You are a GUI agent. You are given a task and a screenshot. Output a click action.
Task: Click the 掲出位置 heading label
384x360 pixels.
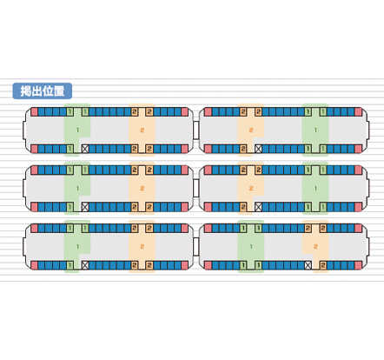coord(43,91)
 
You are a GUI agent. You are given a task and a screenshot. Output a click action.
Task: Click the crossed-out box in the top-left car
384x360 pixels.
coord(85,149)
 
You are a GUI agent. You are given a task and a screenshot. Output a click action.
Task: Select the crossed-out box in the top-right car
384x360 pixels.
coord(258,149)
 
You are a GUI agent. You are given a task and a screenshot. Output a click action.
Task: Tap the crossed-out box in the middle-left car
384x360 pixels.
coord(85,207)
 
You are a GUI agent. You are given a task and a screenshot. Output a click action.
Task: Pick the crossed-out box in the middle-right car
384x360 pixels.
coord(258,207)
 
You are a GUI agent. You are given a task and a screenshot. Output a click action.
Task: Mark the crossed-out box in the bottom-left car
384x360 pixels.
coord(85,265)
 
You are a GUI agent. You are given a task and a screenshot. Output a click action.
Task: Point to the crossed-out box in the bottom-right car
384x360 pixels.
coord(308,265)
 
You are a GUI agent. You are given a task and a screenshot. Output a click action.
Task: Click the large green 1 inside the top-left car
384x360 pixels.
coord(77,130)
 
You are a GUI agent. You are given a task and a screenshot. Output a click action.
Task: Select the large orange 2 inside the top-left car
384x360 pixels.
coord(142,130)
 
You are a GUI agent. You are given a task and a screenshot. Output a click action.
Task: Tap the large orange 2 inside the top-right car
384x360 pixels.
coord(251,130)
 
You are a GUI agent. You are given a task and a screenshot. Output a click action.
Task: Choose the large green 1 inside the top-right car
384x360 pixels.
coord(315,130)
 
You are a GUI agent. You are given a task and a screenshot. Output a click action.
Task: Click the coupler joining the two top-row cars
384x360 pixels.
coord(196,130)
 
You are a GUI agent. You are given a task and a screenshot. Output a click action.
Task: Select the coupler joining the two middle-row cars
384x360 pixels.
coord(196,189)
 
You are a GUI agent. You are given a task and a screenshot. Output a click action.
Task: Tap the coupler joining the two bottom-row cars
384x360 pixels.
coord(196,247)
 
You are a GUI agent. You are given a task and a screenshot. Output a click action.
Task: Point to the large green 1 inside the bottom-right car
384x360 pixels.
coord(251,246)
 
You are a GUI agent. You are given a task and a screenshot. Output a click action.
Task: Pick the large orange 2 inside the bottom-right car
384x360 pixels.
coord(315,246)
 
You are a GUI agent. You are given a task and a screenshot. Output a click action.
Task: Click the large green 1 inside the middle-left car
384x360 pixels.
coord(77,189)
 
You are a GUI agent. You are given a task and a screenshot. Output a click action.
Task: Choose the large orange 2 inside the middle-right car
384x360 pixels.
coord(251,189)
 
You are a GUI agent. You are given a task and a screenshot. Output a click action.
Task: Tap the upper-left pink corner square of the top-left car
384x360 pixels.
coord(34,112)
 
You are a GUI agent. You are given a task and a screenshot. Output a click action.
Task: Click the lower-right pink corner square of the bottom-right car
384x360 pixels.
coord(358,265)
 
